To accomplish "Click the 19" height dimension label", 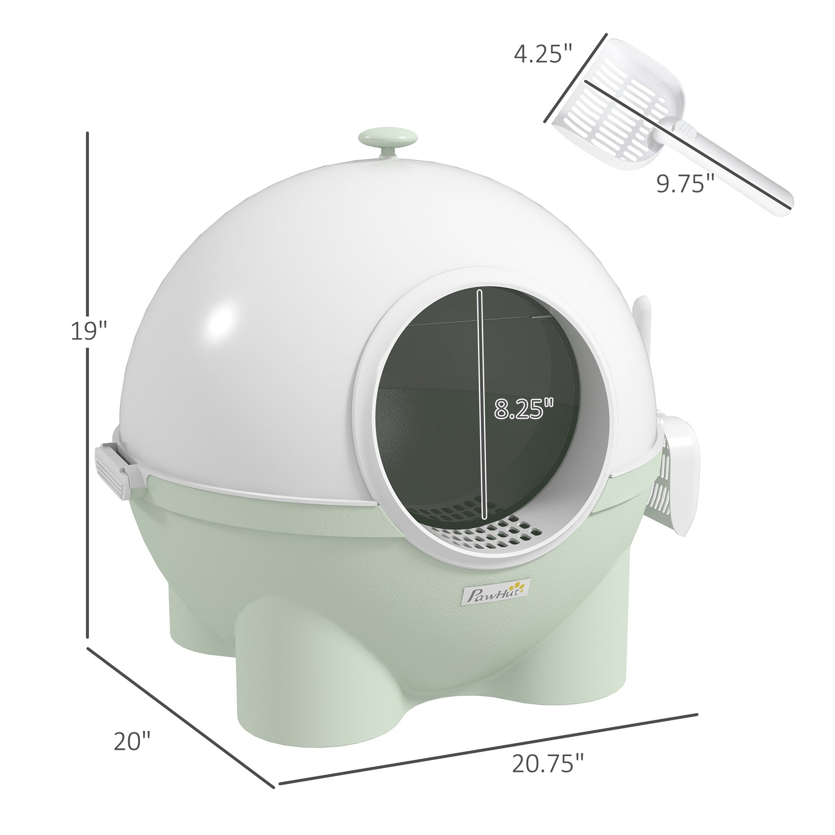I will (x=88, y=332).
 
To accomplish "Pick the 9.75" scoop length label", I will (x=685, y=184).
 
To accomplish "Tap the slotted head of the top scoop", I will (x=614, y=108).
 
